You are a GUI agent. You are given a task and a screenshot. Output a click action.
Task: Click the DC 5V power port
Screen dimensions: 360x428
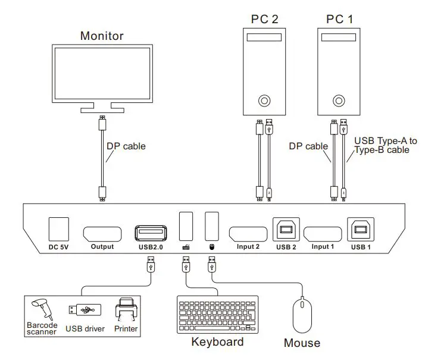click(x=58, y=228)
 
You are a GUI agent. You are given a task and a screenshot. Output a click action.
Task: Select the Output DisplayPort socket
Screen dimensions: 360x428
click(x=102, y=233)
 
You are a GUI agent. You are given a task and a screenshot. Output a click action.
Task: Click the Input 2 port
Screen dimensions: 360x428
click(x=248, y=233)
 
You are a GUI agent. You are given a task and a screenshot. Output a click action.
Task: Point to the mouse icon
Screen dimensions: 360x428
click(x=302, y=315)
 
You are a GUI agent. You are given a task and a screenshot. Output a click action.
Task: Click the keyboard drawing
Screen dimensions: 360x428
click(x=217, y=315)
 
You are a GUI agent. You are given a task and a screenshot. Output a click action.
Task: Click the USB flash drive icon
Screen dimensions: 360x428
click(x=85, y=309)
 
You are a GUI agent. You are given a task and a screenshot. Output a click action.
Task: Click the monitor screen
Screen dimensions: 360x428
click(x=102, y=73)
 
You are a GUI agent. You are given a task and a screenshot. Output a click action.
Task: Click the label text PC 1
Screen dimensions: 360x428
click(x=339, y=19)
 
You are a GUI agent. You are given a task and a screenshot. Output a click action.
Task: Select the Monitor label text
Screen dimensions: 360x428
click(x=102, y=36)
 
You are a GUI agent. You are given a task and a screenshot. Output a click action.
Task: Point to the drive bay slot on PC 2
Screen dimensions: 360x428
click(x=263, y=39)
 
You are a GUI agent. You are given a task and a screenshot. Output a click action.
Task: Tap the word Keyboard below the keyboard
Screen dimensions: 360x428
click(x=217, y=342)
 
